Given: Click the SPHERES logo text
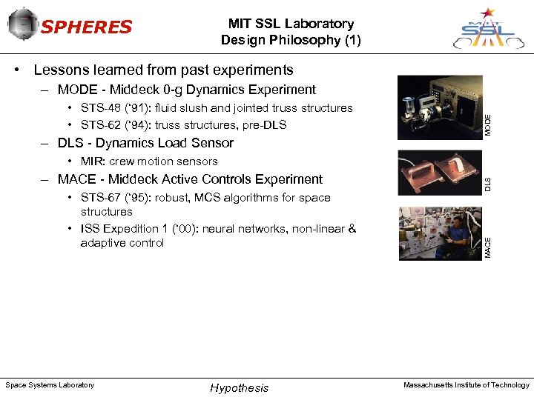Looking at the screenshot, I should [x=86, y=28].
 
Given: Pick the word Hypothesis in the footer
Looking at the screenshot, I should [x=240, y=388].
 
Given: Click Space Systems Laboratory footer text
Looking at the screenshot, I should [x=50, y=385].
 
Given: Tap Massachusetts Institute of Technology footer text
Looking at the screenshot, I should [x=466, y=385].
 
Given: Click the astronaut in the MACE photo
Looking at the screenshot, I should [x=455, y=236].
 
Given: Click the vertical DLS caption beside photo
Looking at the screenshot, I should [x=488, y=183].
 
